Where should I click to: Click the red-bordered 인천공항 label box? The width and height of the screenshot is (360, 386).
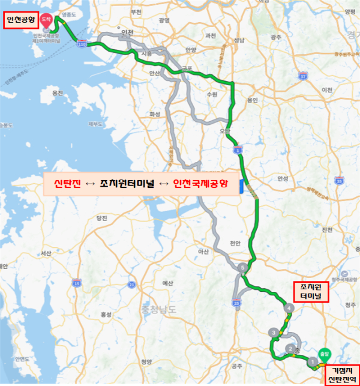[x=20, y=22]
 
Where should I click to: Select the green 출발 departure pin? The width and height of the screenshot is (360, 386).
[x=325, y=354]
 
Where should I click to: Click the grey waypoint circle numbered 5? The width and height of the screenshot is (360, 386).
[x=242, y=268]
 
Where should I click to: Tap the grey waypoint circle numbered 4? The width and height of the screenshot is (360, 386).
[x=290, y=309]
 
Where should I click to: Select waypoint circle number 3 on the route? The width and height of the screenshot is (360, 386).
[x=274, y=332]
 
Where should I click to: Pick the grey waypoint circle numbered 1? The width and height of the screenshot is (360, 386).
[x=311, y=361]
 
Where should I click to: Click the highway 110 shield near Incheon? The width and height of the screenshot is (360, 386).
[x=82, y=43]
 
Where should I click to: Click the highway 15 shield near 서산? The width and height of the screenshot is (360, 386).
[x=76, y=282]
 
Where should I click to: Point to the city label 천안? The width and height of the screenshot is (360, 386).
[x=235, y=243]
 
